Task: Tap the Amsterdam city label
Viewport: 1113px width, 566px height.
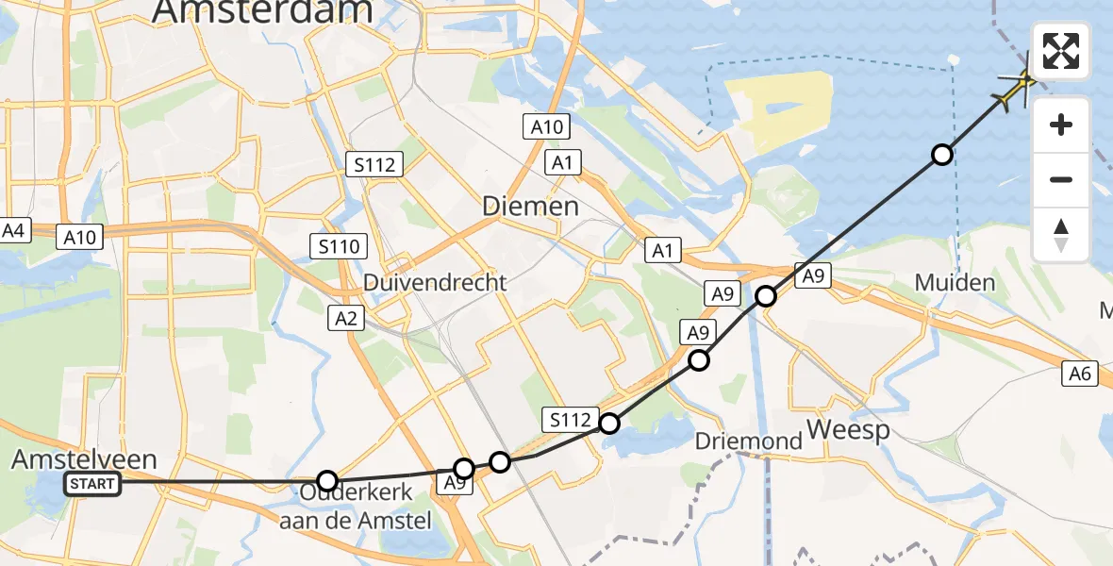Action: pos(262,11)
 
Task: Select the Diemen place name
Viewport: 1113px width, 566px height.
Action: pos(530,207)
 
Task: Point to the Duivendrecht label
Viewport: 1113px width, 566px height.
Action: pos(436,282)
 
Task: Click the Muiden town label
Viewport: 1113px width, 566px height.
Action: pos(955,282)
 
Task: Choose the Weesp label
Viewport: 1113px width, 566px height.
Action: pos(849,432)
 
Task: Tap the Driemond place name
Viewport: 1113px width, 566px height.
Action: pos(748,441)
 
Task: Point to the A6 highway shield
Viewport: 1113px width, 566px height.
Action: pos(1081,375)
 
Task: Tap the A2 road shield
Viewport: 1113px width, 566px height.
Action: pos(347,319)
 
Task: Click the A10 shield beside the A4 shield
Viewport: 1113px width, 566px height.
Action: pos(80,237)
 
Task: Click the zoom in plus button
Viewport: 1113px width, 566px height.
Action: pos(1061,125)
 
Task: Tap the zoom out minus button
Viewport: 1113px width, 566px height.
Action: pos(1061,179)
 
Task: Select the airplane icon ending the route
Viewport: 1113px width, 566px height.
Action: pos(1019,87)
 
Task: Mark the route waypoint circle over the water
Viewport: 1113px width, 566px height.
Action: pos(941,155)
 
